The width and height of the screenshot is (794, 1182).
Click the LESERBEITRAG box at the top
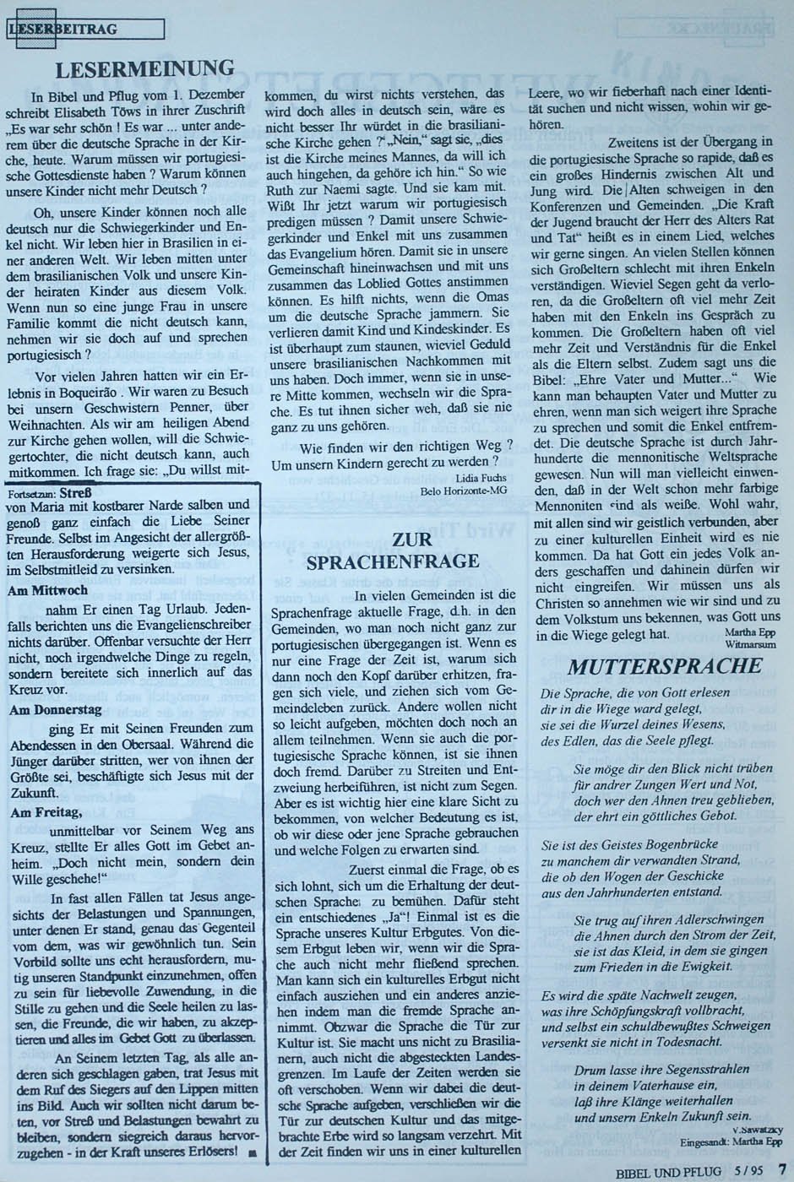[84, 30]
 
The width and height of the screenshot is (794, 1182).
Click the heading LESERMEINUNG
[144, 69]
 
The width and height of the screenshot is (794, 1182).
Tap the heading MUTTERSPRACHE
[665, 665]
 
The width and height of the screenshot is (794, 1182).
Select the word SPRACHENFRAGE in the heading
[393, 561]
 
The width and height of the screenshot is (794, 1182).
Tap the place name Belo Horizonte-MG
[460, 490]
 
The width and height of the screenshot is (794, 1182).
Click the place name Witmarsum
[744, 643]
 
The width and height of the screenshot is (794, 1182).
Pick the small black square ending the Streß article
[252, 1152]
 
